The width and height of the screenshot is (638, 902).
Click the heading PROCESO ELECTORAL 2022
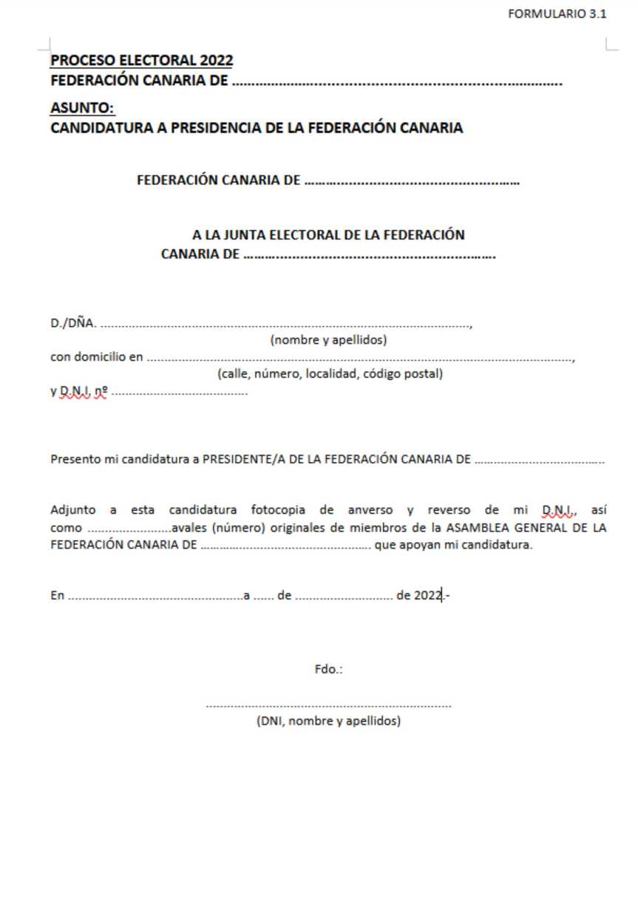click(142, 61)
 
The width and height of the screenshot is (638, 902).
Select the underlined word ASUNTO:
click(82, 109)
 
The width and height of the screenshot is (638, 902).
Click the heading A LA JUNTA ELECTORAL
click(328, 236)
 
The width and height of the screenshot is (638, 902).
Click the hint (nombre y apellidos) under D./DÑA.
click(328, 340)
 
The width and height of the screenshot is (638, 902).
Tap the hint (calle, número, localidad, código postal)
click(330, 374)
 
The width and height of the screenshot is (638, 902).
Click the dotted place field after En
click(155, 595)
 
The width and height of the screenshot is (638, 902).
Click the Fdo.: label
click(328, 671)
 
